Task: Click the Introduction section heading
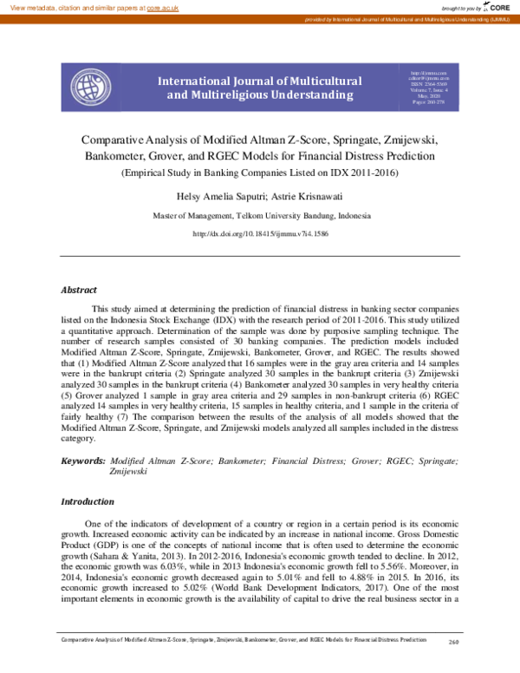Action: (x=87, y=501)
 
